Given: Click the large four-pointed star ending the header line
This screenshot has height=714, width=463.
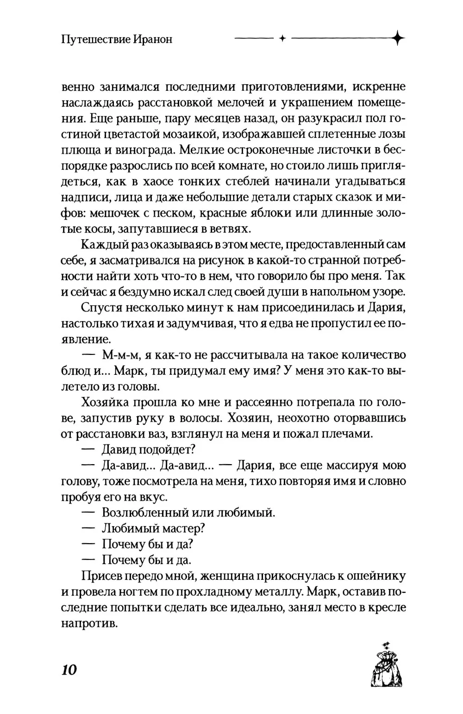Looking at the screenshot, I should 397,39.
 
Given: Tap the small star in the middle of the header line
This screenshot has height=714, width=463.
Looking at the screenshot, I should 281,39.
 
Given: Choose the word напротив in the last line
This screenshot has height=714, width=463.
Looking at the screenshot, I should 87,623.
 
